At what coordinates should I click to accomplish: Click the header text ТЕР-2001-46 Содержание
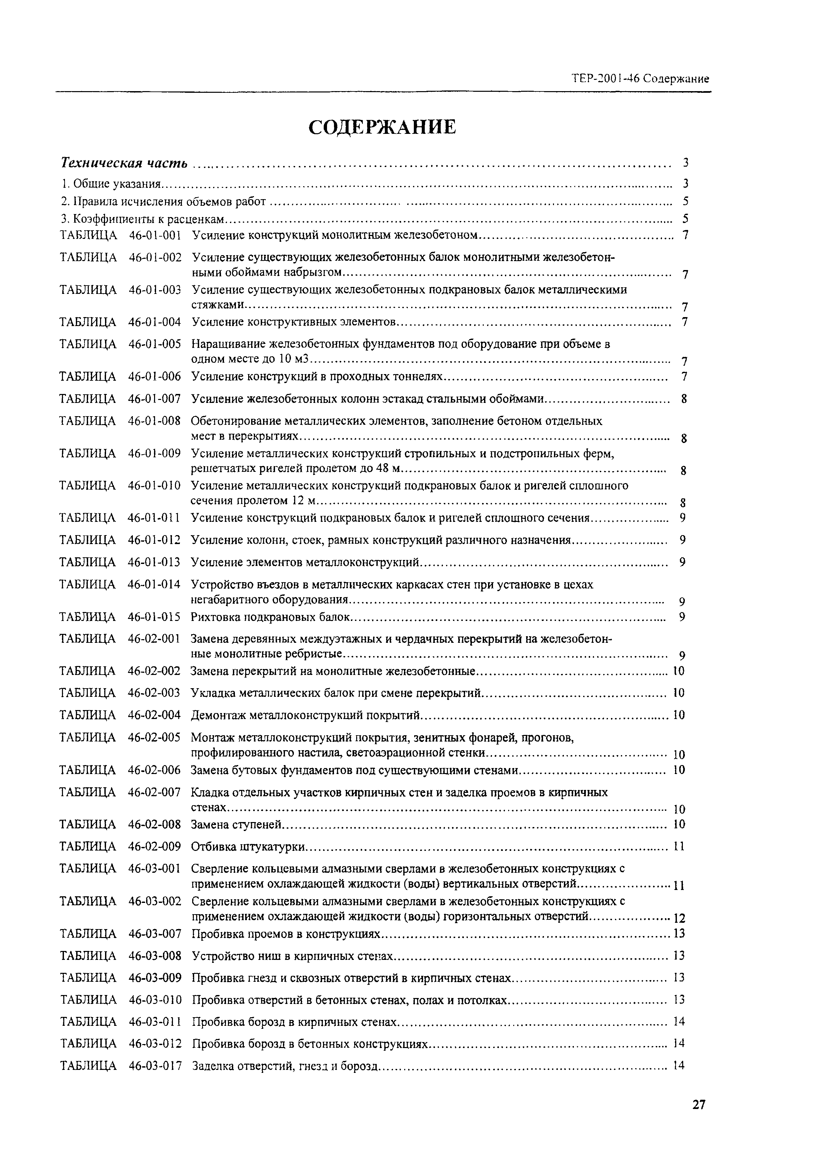tap(640, 79)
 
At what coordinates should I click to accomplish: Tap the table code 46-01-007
tap(155, 399)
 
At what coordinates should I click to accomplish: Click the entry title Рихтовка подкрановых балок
tap(271, 617)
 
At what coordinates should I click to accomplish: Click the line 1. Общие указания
tap(110, 184)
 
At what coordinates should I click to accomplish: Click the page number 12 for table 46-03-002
tap(679, 918)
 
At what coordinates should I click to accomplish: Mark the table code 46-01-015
tap(154, 617)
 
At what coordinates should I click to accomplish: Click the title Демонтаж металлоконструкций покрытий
tap(305, 715)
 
